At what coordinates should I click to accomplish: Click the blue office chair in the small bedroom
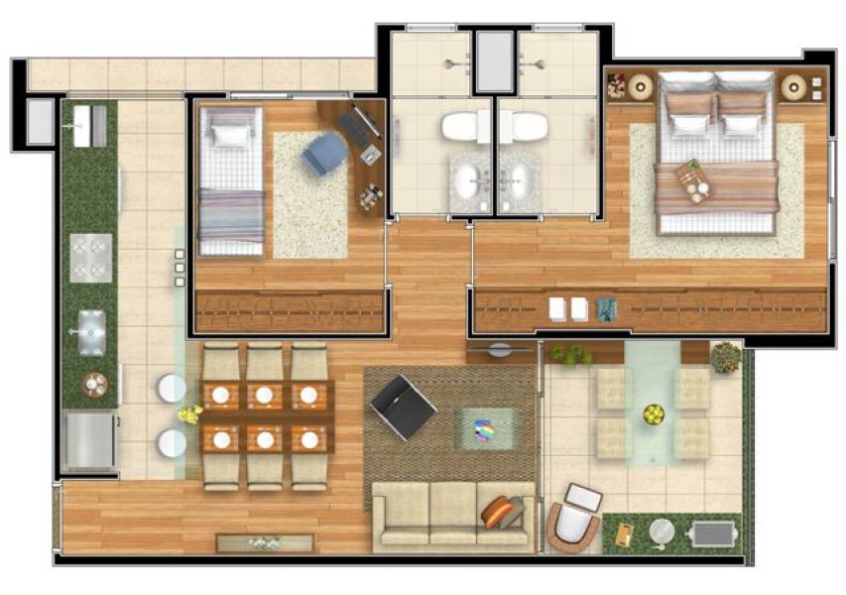[x=324, y=154]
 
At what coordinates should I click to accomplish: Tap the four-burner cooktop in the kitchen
[x=90, y=257]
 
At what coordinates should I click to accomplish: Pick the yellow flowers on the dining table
[x=188, y=415]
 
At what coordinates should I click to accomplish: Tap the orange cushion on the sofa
[x=501, y=513]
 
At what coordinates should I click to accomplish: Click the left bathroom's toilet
[x=460, y=127]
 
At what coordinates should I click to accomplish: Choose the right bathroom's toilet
[x=528, y=127]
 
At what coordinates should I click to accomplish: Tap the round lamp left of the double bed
[x=640, y=87]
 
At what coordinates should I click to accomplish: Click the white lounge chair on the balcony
[x=573, y=517]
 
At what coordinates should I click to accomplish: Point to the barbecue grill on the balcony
[x=712, y=534]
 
